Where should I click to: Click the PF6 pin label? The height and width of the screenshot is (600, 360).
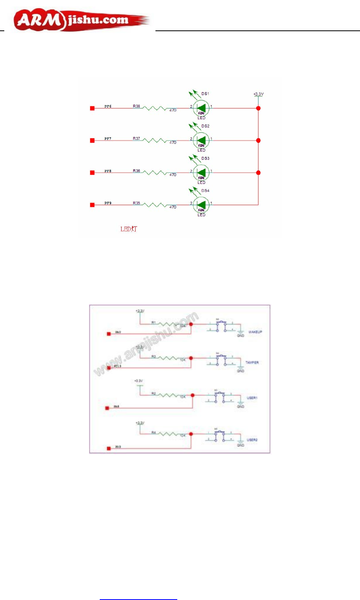click(x=108, y=106)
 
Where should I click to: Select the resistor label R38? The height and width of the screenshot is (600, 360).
click(x=136, y=106)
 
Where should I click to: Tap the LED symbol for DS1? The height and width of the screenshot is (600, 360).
click(x=201, y=108)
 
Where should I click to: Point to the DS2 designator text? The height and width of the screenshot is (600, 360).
click(x=205, y=126)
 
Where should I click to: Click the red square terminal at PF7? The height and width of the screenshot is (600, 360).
click(x=92, y=140)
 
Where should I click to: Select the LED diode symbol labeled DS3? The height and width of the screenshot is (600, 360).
click(x=201, y=173)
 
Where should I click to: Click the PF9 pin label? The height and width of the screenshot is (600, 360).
click(x=108, y=203)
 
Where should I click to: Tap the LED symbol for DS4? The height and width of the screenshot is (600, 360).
click(x=201, y=205)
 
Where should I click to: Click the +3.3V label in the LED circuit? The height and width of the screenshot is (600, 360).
click(x=259, y=94)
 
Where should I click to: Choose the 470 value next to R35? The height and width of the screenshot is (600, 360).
click(x=173, y=207)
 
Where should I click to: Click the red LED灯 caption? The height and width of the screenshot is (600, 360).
click(x=129, y=229)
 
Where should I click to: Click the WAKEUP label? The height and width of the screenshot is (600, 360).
click(x=255, y=332)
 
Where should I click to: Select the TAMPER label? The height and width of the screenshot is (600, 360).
click(x=252, y=363)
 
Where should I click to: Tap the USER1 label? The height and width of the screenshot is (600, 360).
click(x=252, y=398)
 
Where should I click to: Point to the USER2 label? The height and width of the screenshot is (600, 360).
click(x=252, y=440)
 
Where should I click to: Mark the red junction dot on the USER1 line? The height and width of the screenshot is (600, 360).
click(x=193, y=395)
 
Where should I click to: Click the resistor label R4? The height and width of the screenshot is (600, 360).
click(x=154, y=432)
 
